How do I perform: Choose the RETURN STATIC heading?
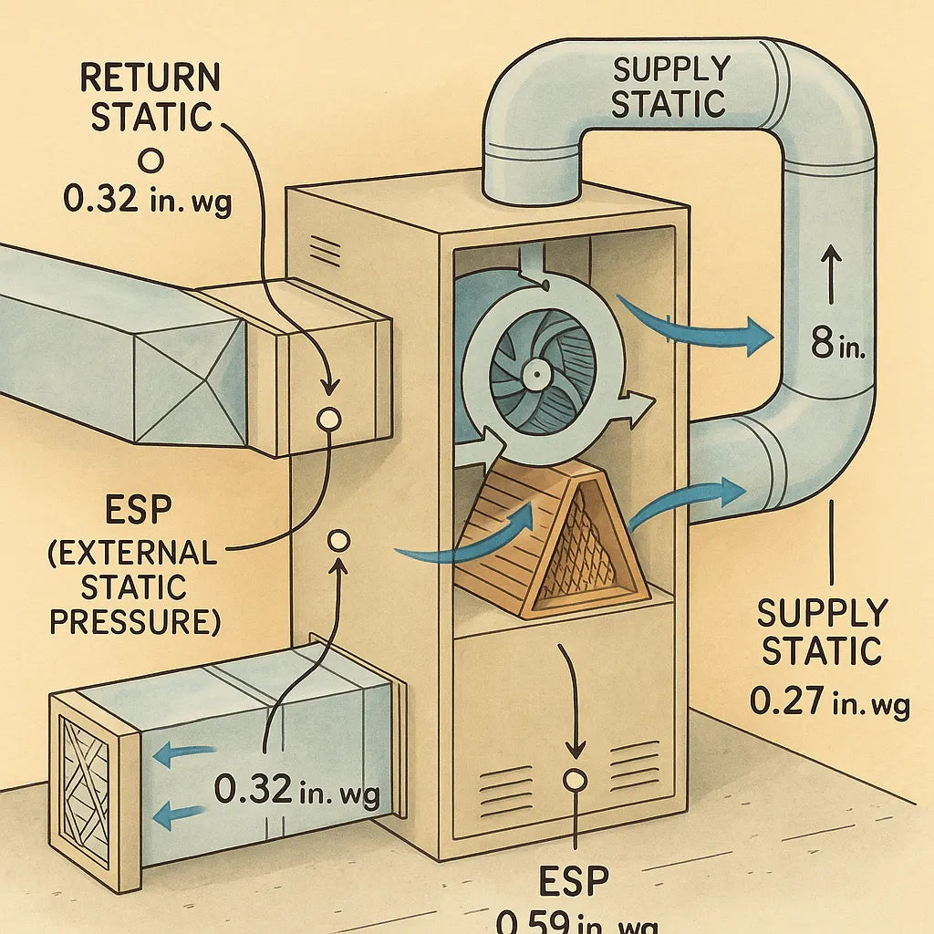pyautogui.click(x=150, y=98)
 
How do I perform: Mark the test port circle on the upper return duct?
pyautogui.click(x=327, y=418)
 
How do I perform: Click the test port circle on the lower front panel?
pyautogui.click(x=575, y=781)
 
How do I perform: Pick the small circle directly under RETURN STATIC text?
pyautogui.click(x=151, y=161)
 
